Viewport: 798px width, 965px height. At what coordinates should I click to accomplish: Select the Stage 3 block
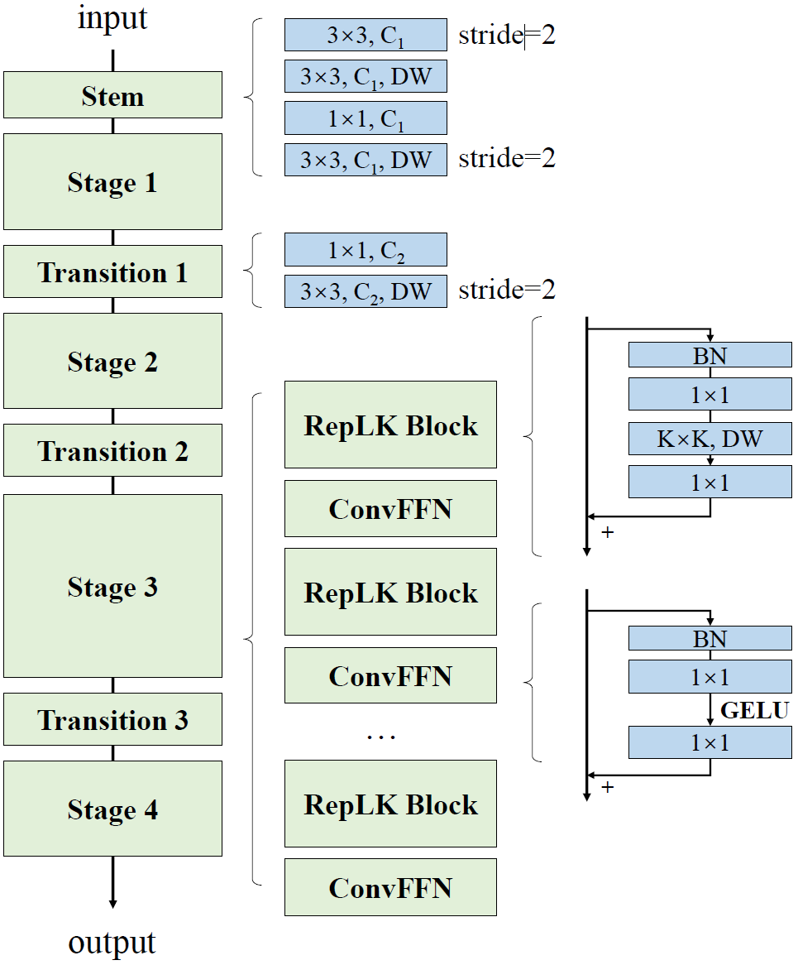coord(112,586)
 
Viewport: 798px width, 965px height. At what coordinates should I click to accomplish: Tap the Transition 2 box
coord(112,450)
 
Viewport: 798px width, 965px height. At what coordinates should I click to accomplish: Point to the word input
coord(112,18)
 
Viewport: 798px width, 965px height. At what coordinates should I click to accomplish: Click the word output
coord(112,943)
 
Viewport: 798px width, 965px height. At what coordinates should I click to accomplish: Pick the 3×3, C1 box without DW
coord(366,36)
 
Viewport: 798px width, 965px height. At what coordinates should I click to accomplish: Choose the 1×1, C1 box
coord(366,118)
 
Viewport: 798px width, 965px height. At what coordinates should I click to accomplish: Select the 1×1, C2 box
coord(366,250)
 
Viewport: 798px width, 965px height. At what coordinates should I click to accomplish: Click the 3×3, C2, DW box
coord(366,291)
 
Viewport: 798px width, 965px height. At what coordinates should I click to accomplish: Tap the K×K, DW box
coord(710,439)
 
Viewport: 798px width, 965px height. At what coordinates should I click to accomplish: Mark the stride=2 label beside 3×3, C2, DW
coord(507,290)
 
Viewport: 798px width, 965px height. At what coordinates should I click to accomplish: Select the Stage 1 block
coord(112,181)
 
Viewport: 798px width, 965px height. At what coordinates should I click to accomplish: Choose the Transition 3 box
coord(112,719)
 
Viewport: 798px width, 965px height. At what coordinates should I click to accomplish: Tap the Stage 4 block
coord(112,809)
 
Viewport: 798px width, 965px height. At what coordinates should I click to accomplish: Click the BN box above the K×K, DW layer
coord(710,355)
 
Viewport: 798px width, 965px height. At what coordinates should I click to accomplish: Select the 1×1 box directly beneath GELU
coord(710,742)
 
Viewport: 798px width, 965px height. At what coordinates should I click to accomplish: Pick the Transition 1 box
coord(112,271)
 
